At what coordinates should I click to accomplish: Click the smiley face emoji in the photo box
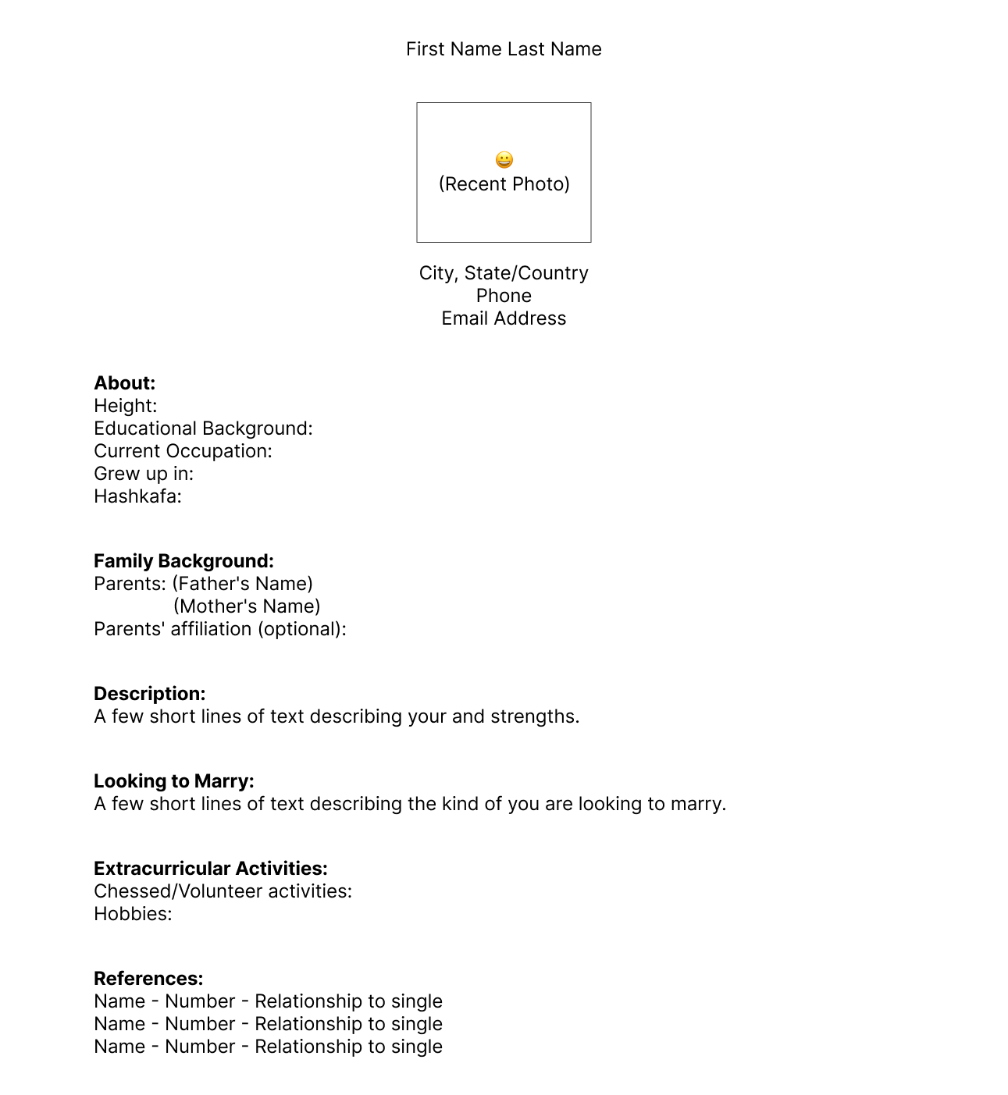(504, 160)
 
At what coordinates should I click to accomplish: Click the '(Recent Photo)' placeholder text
(504, 184)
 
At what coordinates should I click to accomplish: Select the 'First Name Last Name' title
(504, 49)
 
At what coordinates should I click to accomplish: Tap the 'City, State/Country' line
(504, 273)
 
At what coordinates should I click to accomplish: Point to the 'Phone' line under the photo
(504, 296)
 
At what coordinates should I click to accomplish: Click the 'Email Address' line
(504, 318)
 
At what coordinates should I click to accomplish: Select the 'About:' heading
(125, 383)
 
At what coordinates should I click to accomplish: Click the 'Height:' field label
(126, 406)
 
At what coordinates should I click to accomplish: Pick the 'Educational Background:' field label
(203, 428)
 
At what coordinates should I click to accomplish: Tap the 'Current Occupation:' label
(183, 451)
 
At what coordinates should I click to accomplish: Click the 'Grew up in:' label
(144, 474)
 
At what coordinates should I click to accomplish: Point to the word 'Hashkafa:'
(137, 496)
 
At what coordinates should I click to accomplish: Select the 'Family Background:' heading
(183, 561)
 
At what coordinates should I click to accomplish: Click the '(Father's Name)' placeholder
(243, 584)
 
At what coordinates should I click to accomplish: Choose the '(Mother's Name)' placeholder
(247, 606)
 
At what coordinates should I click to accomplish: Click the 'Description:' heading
(150, 694)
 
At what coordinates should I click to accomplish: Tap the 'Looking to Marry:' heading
(174, 781)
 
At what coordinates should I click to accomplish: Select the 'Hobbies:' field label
(133, 914)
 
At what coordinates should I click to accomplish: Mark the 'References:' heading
(148, 979)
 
